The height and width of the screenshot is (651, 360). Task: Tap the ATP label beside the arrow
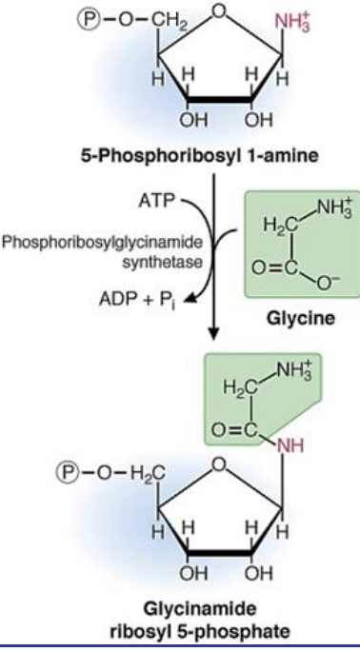(x=156, y=201)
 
